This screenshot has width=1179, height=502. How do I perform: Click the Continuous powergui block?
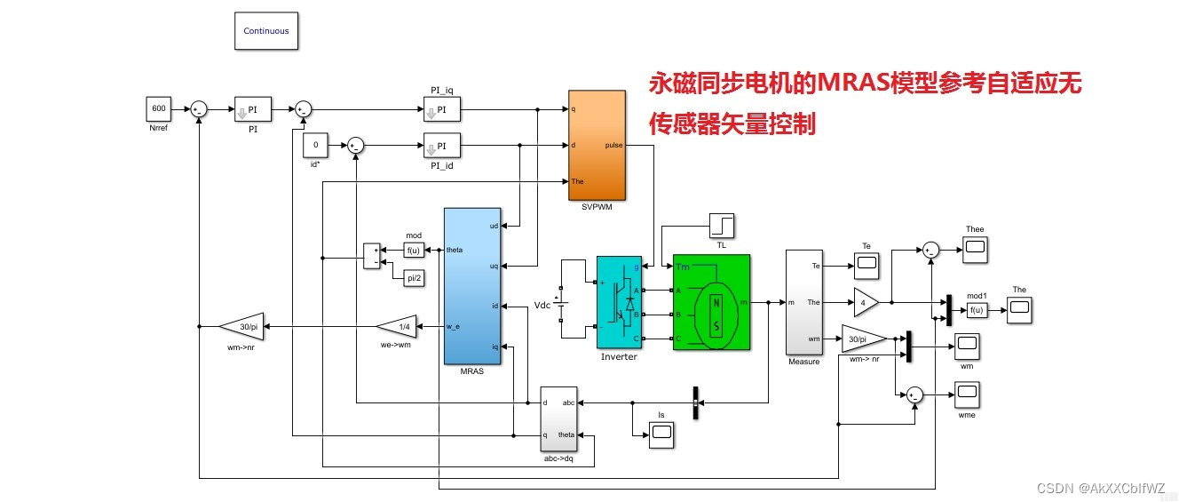(x=266, y=31)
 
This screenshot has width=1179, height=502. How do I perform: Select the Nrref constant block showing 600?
(x=159, y=109)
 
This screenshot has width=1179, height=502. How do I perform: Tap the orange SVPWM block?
(x=598, y=146)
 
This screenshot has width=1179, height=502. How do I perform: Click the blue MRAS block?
(x=472, y=285)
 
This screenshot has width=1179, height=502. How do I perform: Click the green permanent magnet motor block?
(x=711, y=302)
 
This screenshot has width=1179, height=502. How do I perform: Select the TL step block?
(x=722, y=226)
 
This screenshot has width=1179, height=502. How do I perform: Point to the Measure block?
(x=805, y=301)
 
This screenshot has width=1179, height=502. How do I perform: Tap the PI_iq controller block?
(x=442, y=109)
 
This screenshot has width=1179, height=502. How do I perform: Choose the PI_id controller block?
(x=442, y=145)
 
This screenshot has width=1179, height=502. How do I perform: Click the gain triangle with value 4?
(x=864, y=302)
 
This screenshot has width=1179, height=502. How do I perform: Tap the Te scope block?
(x=866, y=263)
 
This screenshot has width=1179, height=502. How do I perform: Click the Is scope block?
(x=661, y=433)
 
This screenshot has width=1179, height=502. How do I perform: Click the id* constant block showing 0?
(x=316, y=145)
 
